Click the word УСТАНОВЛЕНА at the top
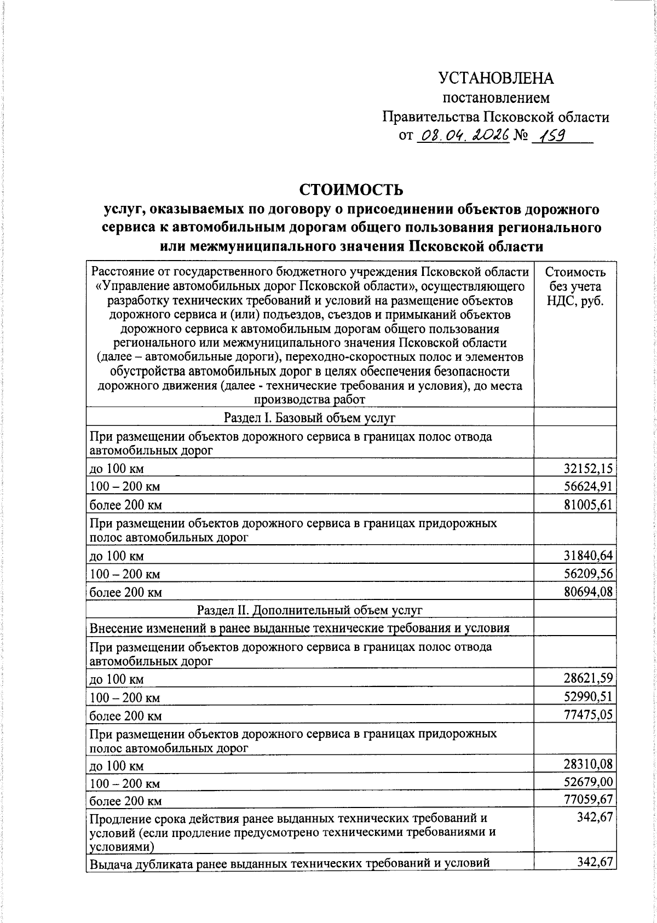pos(495,78)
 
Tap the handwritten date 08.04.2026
pos(463,135)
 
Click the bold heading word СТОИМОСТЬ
pos(351,189)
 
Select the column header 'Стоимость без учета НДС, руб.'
pos(575,286)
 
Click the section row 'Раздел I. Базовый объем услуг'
pos(309,418)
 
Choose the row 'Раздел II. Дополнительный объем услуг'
pos(309,610)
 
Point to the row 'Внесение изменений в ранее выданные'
pos(299,628)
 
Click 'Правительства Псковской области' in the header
pos(495,117)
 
